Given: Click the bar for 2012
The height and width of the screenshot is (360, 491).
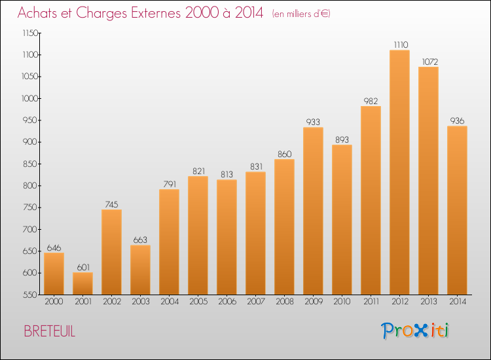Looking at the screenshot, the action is [399, 172].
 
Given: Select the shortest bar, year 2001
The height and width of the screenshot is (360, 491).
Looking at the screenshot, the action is [82, 283].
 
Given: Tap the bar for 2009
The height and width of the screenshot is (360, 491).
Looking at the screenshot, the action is [313, 211].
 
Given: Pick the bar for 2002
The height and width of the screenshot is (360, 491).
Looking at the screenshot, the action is [111, 252].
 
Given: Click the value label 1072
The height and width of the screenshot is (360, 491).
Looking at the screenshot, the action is [429, 62].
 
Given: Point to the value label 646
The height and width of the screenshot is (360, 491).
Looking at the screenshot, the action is [54, 248].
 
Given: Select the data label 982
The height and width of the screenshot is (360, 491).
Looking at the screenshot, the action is [371, 101].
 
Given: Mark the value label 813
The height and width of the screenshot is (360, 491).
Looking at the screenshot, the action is [227, 174].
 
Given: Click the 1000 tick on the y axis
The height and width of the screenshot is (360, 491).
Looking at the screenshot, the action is [29, 99].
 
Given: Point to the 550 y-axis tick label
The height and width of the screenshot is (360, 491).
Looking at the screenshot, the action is [30, 295].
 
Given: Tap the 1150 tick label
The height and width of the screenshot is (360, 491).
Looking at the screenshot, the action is [30, 33].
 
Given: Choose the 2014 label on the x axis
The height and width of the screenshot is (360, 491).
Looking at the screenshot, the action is [458, 302].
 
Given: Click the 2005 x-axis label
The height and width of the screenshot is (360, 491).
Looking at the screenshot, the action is [198, 302].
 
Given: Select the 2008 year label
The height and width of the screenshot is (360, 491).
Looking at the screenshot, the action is [285, 302].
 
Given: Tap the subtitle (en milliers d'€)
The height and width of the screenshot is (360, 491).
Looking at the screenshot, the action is [301, 14].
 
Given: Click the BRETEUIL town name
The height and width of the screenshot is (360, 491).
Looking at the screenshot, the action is [50, 331].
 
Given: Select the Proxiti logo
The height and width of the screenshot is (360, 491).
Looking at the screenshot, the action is [415, 331].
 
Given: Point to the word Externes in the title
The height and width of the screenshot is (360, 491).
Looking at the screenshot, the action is [156, 12].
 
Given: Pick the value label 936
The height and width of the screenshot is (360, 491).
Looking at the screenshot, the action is [457, 121].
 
